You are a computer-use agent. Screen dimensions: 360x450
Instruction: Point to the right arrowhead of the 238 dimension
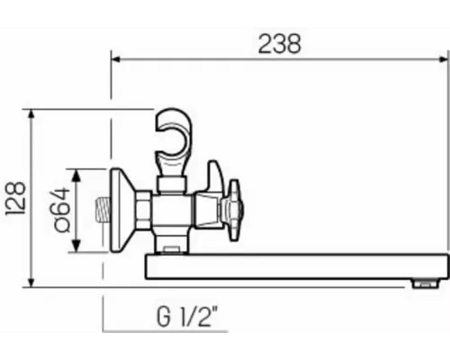point(445,59)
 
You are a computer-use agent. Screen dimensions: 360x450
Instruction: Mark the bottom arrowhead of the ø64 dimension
point(78,251)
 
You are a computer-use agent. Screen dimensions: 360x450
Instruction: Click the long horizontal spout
point(297,265)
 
